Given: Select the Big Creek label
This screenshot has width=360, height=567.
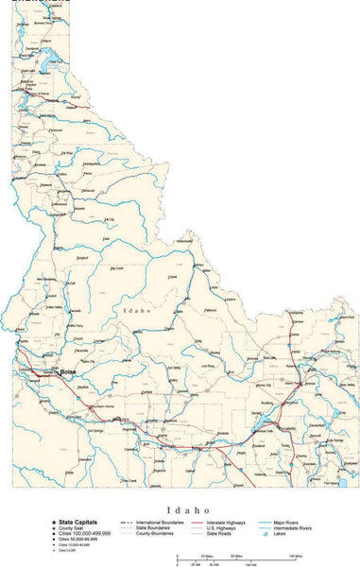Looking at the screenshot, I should pyautogui.click(x=117, y=268).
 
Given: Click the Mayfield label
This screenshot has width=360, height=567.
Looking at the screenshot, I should pyautogui.click(x=83, y=387).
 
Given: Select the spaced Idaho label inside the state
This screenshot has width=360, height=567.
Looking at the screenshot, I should pyautogui.click(x=136, y=310).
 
